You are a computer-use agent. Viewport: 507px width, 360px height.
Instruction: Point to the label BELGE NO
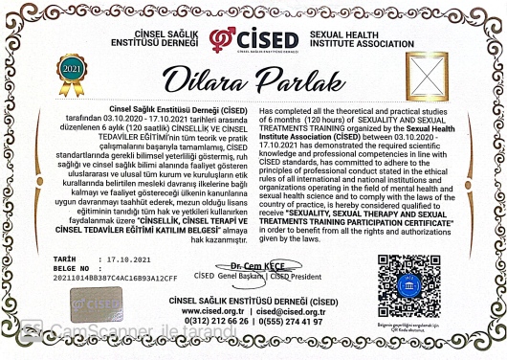(72, 268)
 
